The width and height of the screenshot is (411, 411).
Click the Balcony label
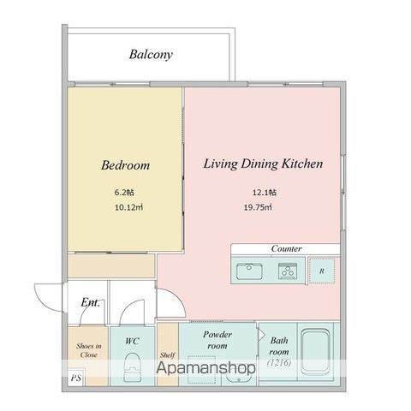click(x=151, y=54)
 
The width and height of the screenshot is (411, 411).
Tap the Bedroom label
click(x=125, y=165)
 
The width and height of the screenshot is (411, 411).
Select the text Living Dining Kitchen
click(x=263, y=164)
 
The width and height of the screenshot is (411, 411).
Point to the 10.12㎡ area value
click(x=128, y=207)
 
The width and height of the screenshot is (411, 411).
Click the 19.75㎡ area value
click(x=258, y=207)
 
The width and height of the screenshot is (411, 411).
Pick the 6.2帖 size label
click(x=124, y=193)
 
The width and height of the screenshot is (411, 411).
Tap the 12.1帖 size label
click(x=265, y=193)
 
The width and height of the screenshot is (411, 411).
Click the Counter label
click(x=286, y=248)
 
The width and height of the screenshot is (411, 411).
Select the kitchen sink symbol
click(x=249, y=271)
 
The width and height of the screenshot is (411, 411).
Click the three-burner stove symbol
click(x=288, y=271)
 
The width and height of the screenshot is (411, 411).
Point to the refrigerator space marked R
click(x=322, y=271)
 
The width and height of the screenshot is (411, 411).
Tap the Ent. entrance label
click(x=90, y=302)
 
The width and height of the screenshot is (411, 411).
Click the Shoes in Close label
click(x=89, y=350)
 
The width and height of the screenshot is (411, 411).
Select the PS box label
click(x=76, y=378)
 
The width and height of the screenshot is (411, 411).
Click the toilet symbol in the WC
click(x=133, y=367)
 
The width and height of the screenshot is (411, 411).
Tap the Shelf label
click(x=167, y=355)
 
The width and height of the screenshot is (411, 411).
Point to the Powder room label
click(x=217, y=340)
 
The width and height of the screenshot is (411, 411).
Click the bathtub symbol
click(x=315, y=352)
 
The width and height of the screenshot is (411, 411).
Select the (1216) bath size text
click(x=279, y=362)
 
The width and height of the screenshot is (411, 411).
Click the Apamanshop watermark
click(x=205, y=368)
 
